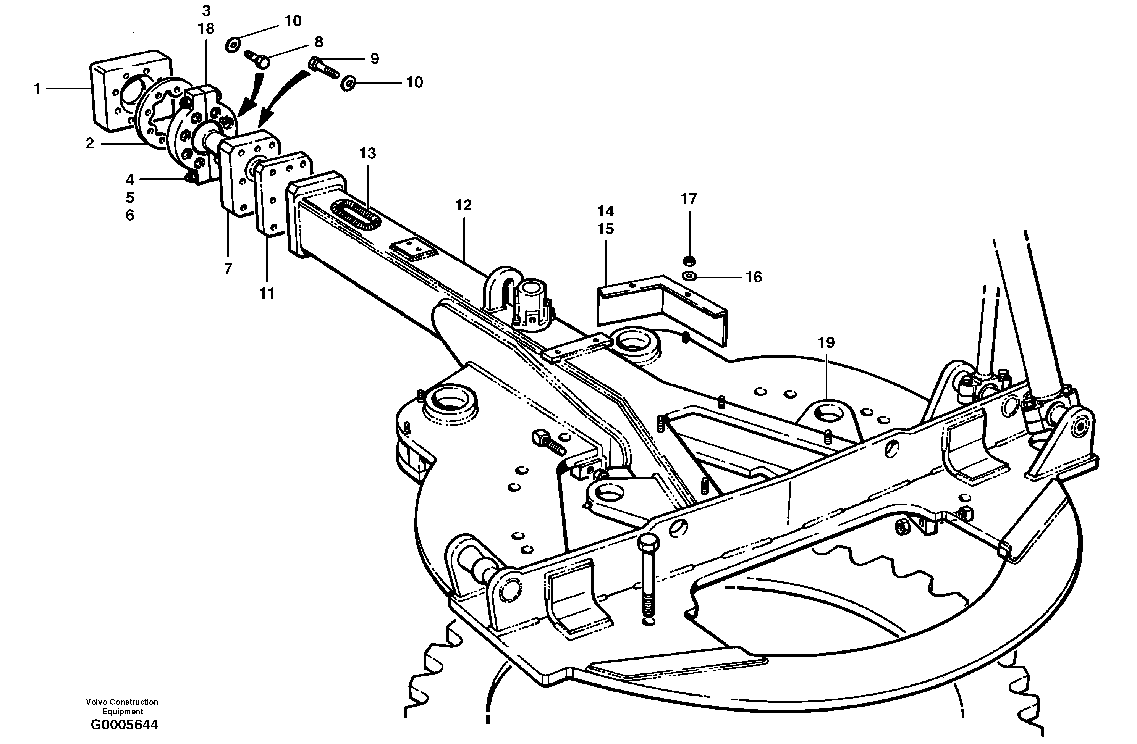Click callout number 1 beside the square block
[x=37, y=89]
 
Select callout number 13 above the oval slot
[x=367, y=153]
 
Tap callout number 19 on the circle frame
[x=826, y=342]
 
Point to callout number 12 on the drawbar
[x=463, y=205]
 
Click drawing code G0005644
[x=124, y=725]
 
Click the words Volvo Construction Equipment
[x=122, y=706]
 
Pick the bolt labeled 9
[x=324, y=68]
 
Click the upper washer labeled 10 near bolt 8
[x=233, y=44]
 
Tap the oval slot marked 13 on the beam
[x=356, y=216]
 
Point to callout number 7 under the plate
[x=228, y=269]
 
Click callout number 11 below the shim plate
[x=267, y=293]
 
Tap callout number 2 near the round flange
[x=90, y=143]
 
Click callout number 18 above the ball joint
[x=206, y=29]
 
